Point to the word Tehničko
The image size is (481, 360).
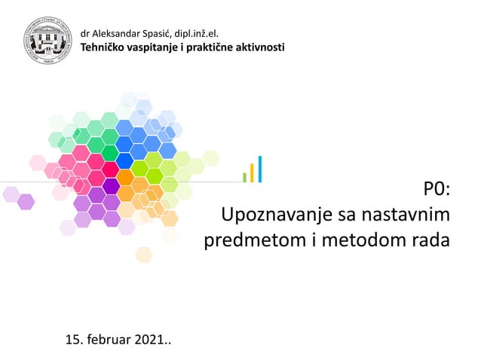click(103, 47)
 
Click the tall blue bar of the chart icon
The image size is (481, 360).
click(260, 169)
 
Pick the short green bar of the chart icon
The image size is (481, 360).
click(244, 177)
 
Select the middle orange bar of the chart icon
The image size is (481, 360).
click(252, 172)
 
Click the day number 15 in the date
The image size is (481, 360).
click(74, 343)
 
